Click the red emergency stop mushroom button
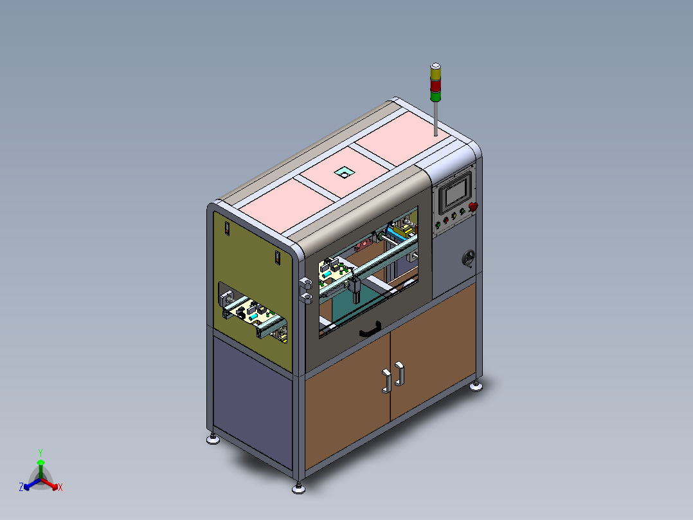[x=474, y=206]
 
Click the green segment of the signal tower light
[x=435, y=97]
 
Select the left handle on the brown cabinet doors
[x=386, y=381]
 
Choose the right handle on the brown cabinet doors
[x=399, y=374]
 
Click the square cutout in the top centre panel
[x=344, y=172]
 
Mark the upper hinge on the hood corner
[x=306, y=283]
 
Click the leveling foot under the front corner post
[x=298, y=488]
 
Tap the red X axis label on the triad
[x=60, y=487]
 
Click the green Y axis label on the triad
[x=40, y=452]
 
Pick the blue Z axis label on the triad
[x=21, y=487]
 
